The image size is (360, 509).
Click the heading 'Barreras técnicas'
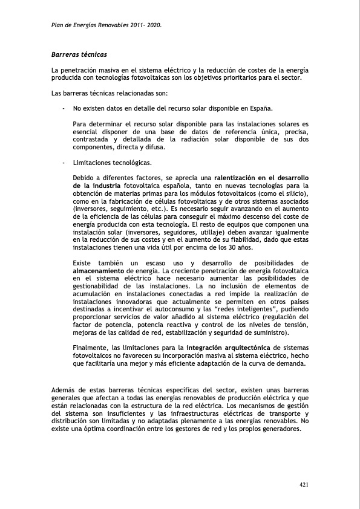point(79,55)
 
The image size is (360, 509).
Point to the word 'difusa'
point(152,147)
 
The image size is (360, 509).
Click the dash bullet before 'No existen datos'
point(64,109)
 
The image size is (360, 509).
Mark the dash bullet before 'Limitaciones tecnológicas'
point(64,163)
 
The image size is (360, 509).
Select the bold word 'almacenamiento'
point(99,271)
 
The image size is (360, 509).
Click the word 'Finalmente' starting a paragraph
point(91,348)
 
